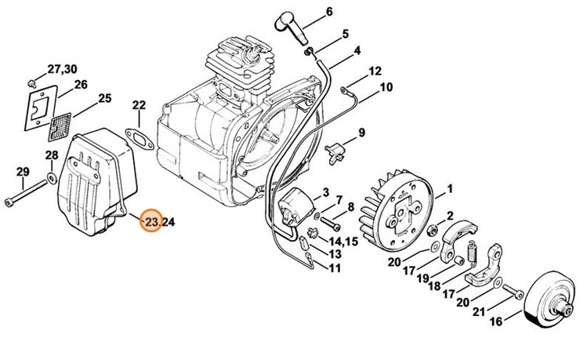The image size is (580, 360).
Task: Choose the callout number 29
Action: tap(24, 173)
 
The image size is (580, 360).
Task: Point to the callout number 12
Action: tap(375, 71)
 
